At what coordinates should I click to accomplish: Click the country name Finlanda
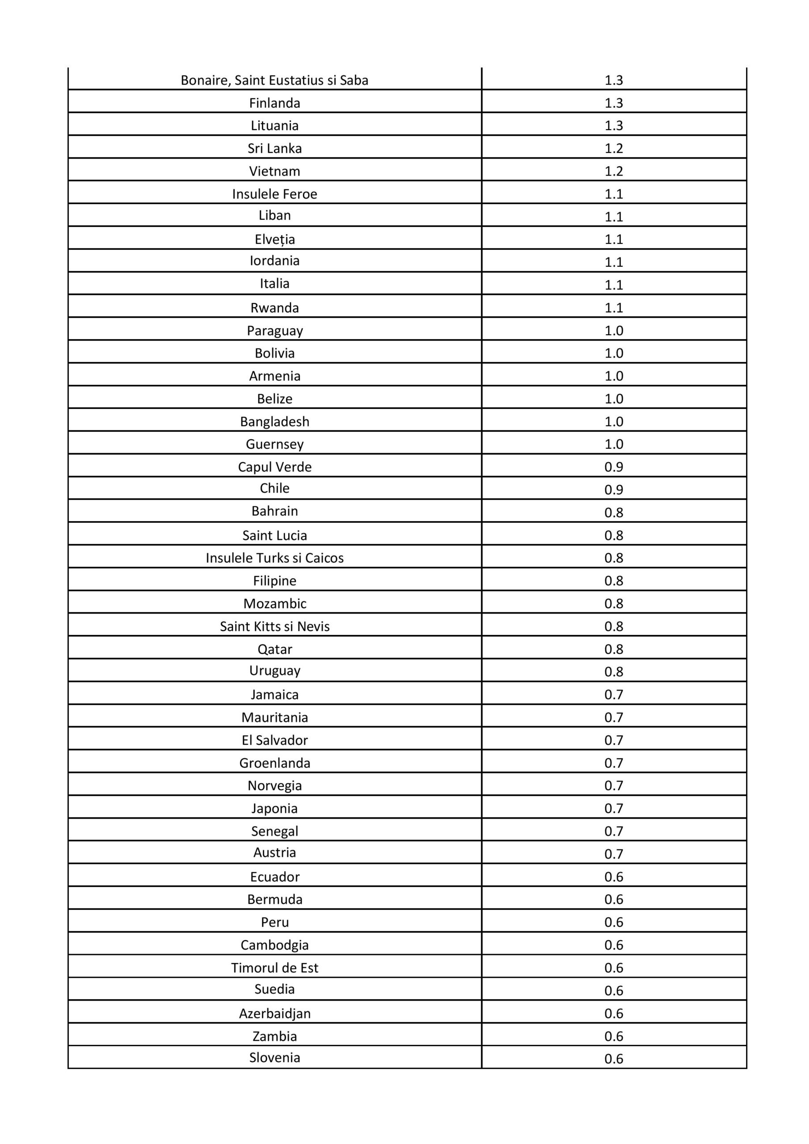tap(274, 103)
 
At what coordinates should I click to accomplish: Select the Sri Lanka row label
tap(274, 148)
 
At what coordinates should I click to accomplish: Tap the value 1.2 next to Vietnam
tap(613, 172)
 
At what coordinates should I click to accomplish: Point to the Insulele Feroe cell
tap(274, 194)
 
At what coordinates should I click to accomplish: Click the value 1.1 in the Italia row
tap(613, 285)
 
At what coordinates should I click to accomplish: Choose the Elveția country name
tap(274, 240)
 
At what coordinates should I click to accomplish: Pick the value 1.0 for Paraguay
tap(613, 331)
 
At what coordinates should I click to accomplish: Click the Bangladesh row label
tap(274, 421)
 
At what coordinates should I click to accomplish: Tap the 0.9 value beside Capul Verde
tap(613, 467)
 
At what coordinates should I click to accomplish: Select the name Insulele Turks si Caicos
tap(274, 558)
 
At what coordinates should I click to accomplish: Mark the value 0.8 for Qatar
tap(613, 649)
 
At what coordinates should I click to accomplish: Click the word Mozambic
tap(274, 604)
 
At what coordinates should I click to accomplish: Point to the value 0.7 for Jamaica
tap(613, 694)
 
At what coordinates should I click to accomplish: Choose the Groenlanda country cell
tap(274, 763)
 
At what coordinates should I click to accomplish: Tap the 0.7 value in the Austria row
tap(613, 854)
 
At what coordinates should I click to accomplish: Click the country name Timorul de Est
tap(274, 967)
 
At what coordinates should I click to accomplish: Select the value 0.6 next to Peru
tap(613, 922)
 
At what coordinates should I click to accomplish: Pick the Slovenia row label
tap(274, 1057)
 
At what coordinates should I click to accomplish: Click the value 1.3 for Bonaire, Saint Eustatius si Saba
tap(613, 80)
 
